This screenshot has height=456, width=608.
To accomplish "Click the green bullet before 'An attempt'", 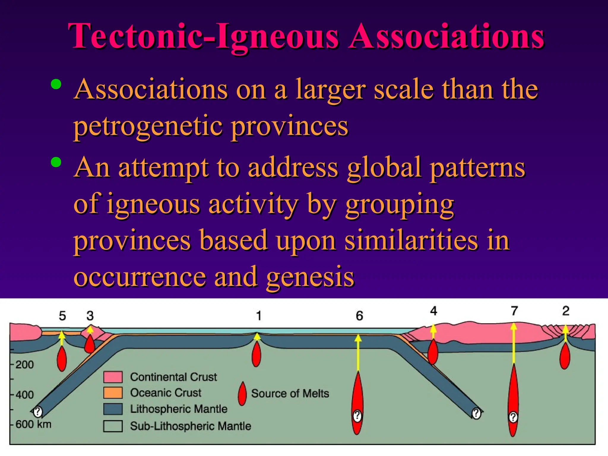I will click(x=56, y=162).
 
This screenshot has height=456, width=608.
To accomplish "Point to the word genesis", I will click(x=310, y=277).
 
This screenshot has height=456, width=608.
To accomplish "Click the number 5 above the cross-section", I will click(x=62, y=316).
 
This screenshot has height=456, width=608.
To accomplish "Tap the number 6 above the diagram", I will click(x=360, y=316).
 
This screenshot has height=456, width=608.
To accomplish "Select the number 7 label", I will click(x=514, y=311).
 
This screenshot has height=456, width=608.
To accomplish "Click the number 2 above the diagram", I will click(x=566, y=311).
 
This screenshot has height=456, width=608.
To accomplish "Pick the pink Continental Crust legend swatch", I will click(x=113, y=377).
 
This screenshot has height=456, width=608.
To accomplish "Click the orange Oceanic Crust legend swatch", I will click(x=113, y=393).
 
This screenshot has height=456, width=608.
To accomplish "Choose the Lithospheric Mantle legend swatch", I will click(x=113, y=409).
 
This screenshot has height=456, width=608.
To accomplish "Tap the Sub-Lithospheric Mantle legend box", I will click(x=113, y=426).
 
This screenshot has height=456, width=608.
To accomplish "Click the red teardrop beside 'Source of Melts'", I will click(x=242, y=394).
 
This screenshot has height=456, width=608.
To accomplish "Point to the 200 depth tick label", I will click(x=25, y=364).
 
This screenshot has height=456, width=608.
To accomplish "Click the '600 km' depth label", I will click(x=33, y=424).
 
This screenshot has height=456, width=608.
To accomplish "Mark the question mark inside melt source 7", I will click(x=513, y=417).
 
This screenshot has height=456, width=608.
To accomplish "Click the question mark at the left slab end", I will click(x=38, y=412).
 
